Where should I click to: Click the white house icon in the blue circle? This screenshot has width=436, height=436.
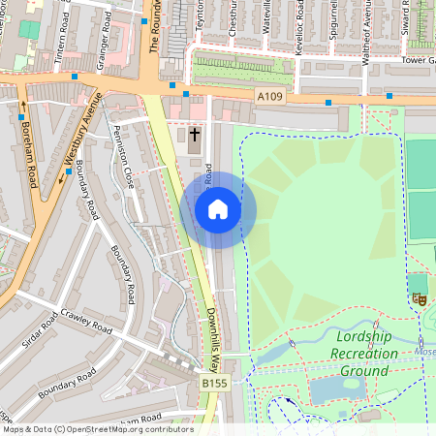tap(218, 209)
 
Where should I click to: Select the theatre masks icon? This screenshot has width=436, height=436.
tap(420, 298)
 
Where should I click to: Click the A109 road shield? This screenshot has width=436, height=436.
tap(270, 96)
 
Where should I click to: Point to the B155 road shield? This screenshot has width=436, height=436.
tap(216, 386)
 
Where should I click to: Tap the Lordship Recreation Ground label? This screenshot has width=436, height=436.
tap(364, 354)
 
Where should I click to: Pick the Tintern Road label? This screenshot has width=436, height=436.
tap(62, 39)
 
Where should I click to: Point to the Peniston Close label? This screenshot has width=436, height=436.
tap(124, 155)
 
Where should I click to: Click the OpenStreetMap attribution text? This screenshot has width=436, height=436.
tap(98, 428)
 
